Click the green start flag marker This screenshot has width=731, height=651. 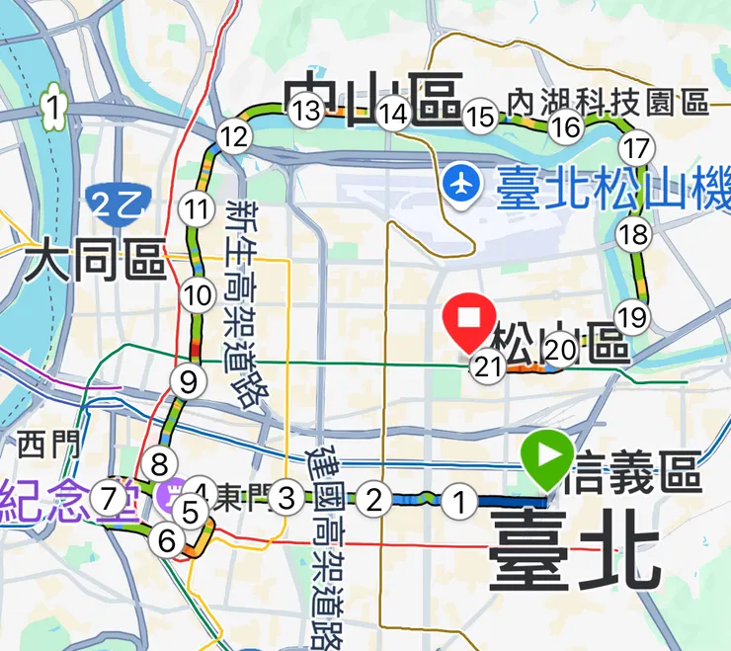(x=547, y=457)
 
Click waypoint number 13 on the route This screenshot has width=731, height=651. (x=307, y=111)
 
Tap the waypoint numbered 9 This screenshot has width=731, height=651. (x=185, y=379)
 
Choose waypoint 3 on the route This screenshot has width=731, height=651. (x=286, y=497)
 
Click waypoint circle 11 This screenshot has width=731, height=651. (x=197, y=208)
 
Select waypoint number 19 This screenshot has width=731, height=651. (x=629, y=317)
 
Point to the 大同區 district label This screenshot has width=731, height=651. (x=95, y=262)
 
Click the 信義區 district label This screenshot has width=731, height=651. (x=633, y=478)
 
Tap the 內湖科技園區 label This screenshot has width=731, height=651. (x=609, y=102)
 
